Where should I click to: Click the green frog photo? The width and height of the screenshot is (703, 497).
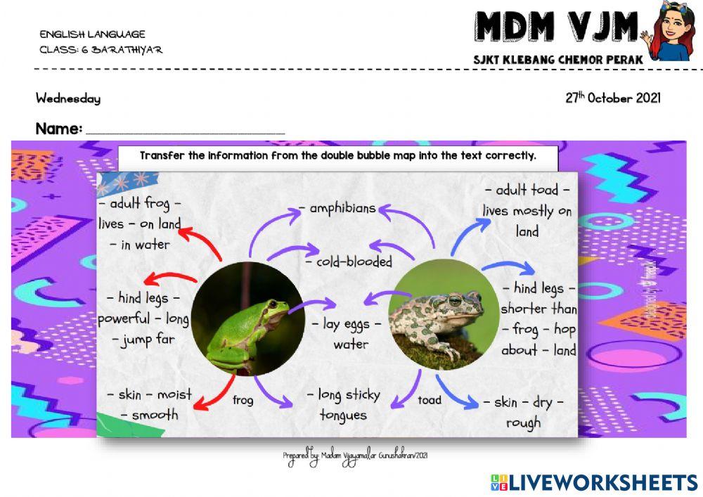click(x=247, y=317)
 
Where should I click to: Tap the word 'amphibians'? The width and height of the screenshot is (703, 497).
click(x=337, y=208)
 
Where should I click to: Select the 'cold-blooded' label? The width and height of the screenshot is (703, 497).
click(x=349, y=262)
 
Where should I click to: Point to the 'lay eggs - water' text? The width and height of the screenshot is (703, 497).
click(x=350, y=334)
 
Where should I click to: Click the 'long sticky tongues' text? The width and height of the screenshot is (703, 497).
click(x=344, y=404)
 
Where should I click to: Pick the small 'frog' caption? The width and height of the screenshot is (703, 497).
click(x=243, y=401)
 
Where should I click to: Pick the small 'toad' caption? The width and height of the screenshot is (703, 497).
click(x=430, y=400)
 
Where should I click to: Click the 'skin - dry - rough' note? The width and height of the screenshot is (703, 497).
click(x=523, y=412)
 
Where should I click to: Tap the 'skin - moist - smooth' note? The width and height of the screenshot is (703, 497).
click(x=149, y=404)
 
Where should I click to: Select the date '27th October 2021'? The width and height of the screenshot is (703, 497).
click(x=612, y=98)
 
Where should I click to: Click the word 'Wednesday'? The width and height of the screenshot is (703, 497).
click(x=68, y=99)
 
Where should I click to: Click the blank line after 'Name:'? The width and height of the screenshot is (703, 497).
click(x=185, y=131)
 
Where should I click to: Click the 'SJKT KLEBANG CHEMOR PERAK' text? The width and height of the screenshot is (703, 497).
click(x=558, y=60)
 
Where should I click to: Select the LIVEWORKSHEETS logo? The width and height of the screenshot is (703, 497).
click(x=593, y=482)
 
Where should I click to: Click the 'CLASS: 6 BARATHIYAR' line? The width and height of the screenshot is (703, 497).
click(x=101, y=50)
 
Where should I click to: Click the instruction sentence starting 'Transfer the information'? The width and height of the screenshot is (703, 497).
click(x=337, y=155)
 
